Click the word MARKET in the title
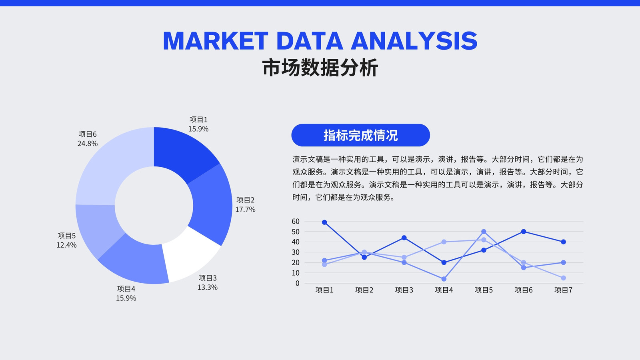[x=216, y=41]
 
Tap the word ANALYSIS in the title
[x=414, y=41]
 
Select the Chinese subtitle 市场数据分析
[x=320, y=68]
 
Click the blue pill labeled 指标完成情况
[x=360, y=135]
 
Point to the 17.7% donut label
[x=245, y=210]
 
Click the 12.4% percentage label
[x=66, y=245]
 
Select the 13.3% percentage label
[x=208, y=287]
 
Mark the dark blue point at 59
[x=324, y=222]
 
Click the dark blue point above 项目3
[x=404, y=238]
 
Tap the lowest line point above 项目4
[x=444, y=279]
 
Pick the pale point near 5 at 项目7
[x=564, y=278]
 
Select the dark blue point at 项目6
[x=524, y=232]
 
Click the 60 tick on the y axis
[x=296, y=222]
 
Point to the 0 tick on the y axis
[x=298, y=283]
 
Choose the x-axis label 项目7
[x=564, y=290]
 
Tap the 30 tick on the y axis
[x=296, y=252]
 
